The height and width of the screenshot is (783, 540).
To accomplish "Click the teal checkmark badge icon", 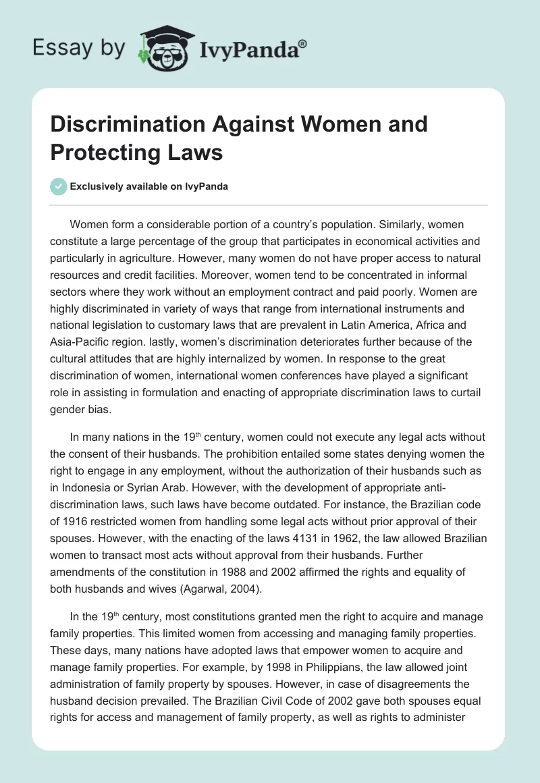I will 59,186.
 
